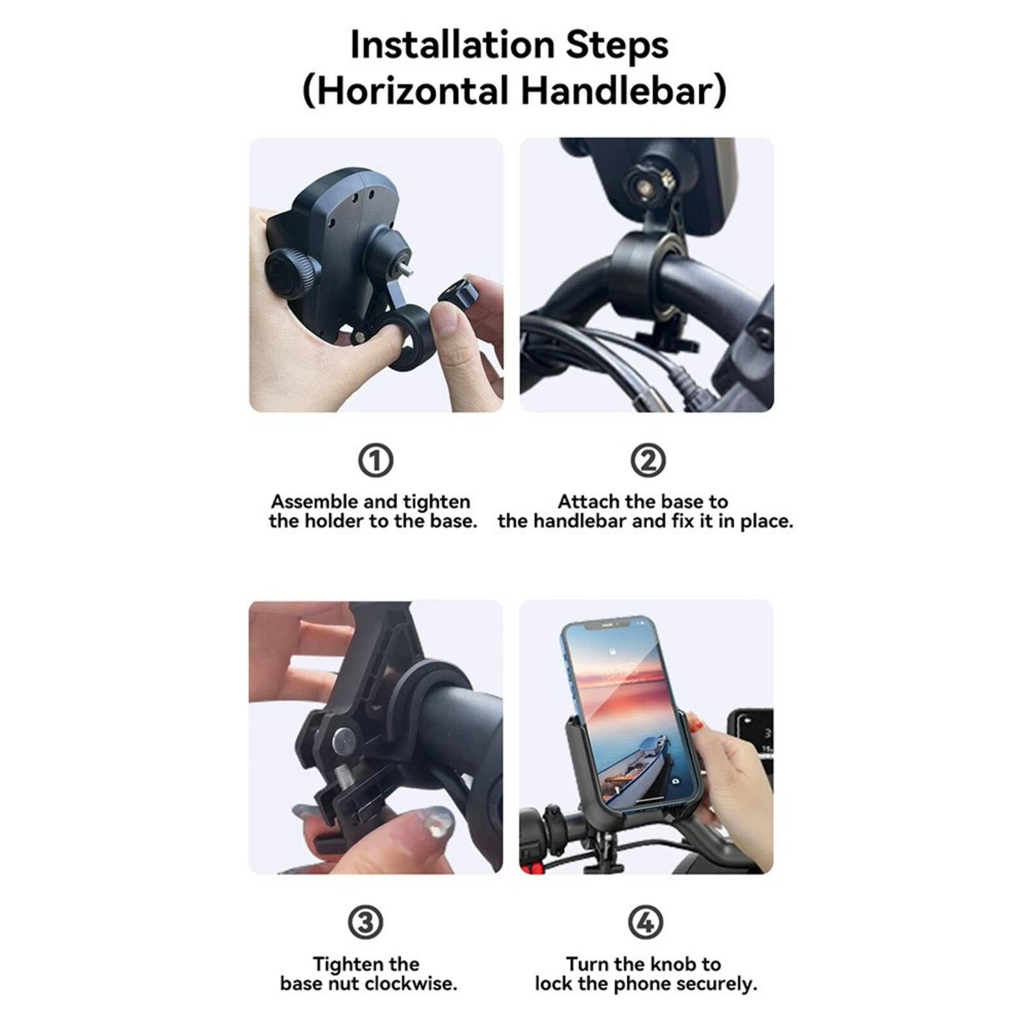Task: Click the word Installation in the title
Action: [452, 45]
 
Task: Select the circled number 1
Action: [375, 460]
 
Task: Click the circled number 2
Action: [648, 460]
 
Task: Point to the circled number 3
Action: [366, 922]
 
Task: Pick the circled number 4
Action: [645, 922]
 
